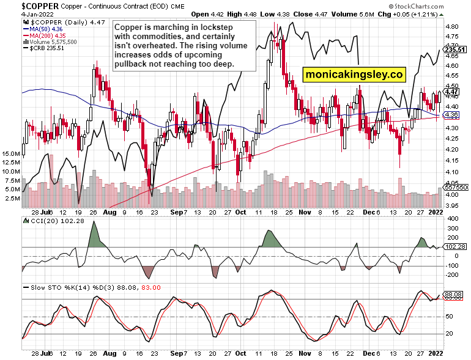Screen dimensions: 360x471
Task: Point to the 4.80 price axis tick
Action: coord(453,27)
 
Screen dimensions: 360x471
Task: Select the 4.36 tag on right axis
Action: coord(452,114)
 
